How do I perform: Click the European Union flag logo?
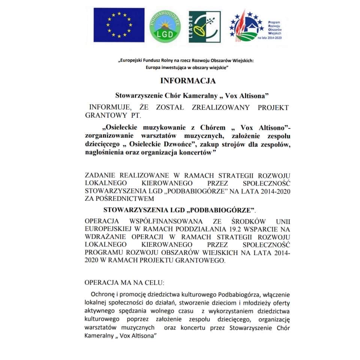coord(119,25)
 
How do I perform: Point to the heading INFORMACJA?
coord(188,81)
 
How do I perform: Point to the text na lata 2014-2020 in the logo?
coord(270,38)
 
